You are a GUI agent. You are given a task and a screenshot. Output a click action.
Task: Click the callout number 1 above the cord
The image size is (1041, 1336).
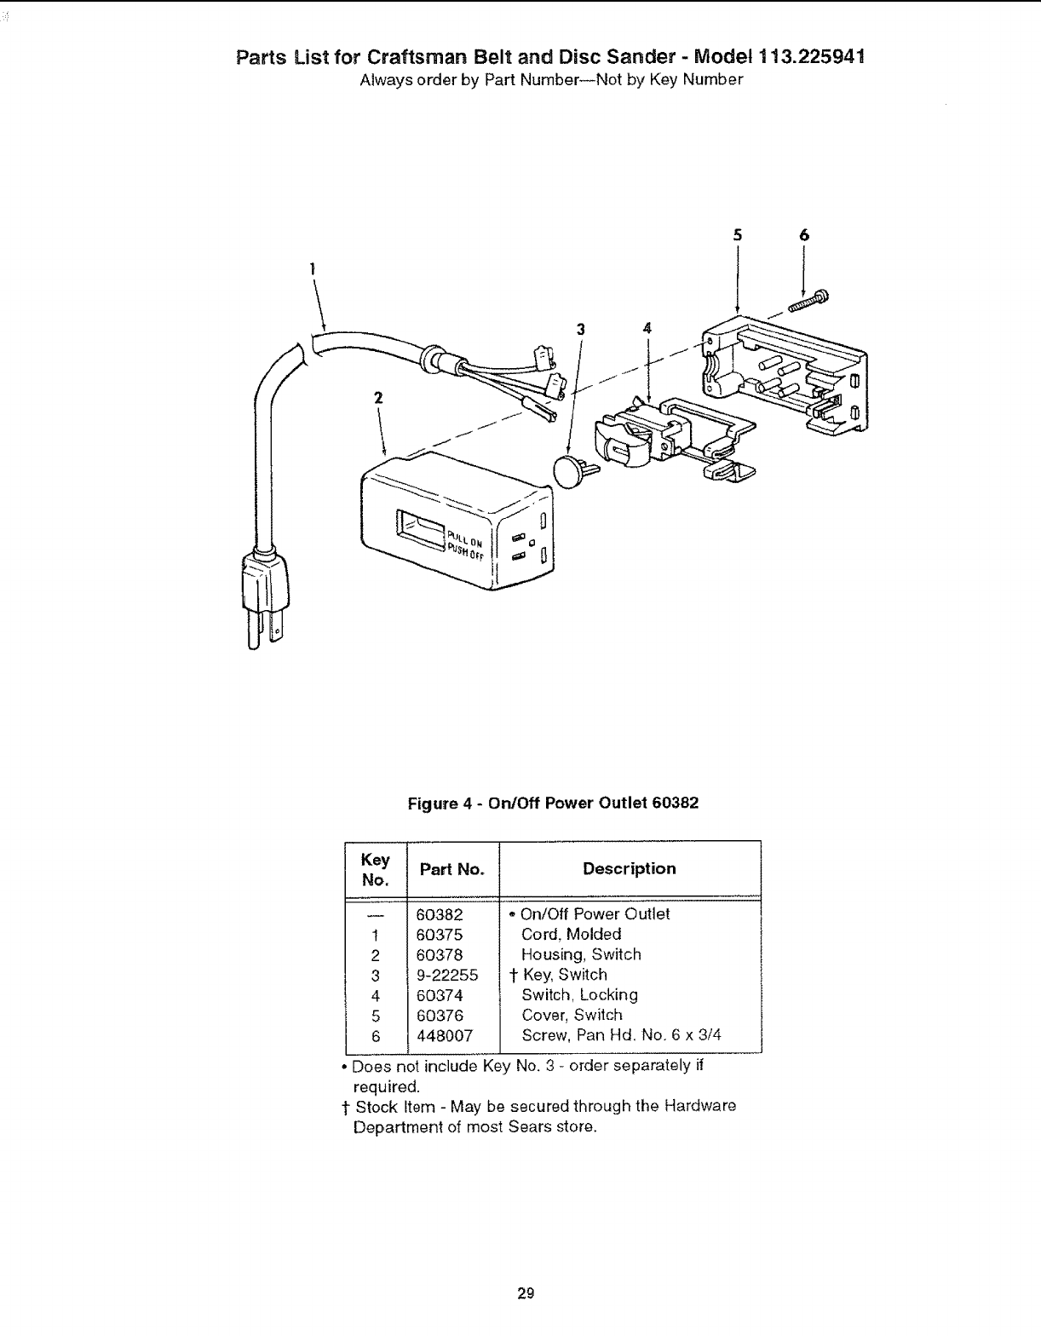pos(313,269)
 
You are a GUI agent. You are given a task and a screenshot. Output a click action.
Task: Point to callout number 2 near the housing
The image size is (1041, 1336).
pos(378,397)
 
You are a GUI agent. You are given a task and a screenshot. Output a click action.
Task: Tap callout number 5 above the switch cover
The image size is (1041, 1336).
pos(737,235)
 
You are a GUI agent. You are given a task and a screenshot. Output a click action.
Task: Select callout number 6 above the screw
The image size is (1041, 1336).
pos(803,235)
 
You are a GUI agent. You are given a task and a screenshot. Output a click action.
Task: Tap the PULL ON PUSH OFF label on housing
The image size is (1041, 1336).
pos(465,545)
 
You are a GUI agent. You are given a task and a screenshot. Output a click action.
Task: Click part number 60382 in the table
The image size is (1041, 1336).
pos(440,915)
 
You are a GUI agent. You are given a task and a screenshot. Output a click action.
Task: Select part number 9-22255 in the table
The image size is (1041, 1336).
pos(447,976)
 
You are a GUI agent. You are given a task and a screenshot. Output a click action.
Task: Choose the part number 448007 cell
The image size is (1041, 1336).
pos(445,1036)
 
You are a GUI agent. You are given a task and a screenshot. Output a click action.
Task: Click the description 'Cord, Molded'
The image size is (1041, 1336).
pos(571,935)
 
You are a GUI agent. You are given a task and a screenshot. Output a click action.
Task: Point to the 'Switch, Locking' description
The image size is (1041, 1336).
pos(579,995)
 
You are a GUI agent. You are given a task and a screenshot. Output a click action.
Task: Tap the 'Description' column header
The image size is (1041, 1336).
pos(629,869)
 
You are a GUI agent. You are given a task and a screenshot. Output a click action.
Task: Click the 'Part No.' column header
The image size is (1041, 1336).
pos(452,870)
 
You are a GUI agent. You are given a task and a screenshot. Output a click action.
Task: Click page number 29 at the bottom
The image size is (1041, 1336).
pos(526,1293)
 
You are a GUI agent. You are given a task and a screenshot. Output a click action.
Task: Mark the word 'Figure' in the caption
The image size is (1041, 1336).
pos(433,803)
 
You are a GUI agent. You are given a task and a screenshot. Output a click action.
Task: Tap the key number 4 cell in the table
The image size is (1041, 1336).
pos(376,996)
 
